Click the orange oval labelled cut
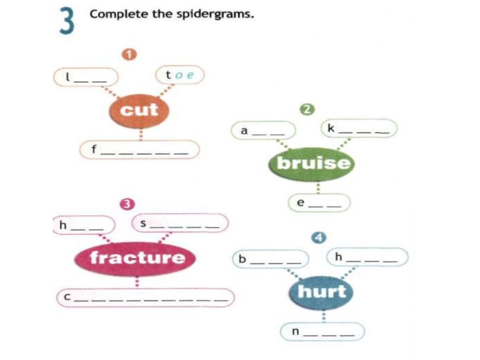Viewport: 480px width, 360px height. click(139, 110)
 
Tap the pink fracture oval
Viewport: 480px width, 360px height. click(137, 258)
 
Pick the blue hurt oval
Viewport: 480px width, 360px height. click(322, 292)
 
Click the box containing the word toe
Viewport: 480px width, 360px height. click(179, 76)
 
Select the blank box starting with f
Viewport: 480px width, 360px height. click(139, 150)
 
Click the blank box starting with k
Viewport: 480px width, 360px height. click(359, 129)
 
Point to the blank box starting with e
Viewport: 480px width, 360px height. click(319, 203)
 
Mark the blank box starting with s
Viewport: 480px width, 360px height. click(180, 223)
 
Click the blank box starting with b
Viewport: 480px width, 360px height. click(271, 260)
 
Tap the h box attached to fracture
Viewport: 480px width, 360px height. click(83, 225)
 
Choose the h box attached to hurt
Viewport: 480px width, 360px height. click(367, 258)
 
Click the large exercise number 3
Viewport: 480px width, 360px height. click(67, 23)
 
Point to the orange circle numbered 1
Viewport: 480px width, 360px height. click(127, 55)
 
